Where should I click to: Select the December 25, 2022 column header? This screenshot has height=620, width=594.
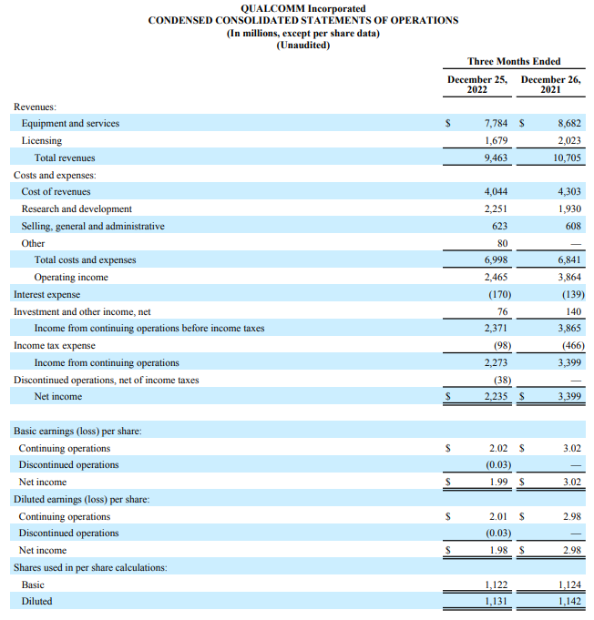(x=477, y=85)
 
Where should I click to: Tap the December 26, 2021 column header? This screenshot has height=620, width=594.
(x=551, y=85)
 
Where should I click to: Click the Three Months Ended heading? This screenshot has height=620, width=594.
(x=514, y=61)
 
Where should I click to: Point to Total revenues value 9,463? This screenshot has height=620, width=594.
(x=496, y=158)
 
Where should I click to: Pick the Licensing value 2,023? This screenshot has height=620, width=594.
(x=568, y=140)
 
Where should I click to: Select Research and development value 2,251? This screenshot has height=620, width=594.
(x=496, y=208)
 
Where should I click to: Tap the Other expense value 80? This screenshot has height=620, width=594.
(x=502, y=243)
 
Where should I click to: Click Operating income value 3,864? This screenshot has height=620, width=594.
(x=568, y=277)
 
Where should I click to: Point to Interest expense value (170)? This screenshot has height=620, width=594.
(x=497, y=294)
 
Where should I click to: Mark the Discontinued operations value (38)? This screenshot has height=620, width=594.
(x=500, y=380)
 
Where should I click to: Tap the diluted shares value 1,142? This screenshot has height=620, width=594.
(x=568, y=601)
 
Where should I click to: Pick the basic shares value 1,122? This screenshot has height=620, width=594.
(x=496, y=584)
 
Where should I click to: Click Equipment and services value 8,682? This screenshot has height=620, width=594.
(x=568, y=123)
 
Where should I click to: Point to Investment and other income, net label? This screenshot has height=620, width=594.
(x=82, y=311)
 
